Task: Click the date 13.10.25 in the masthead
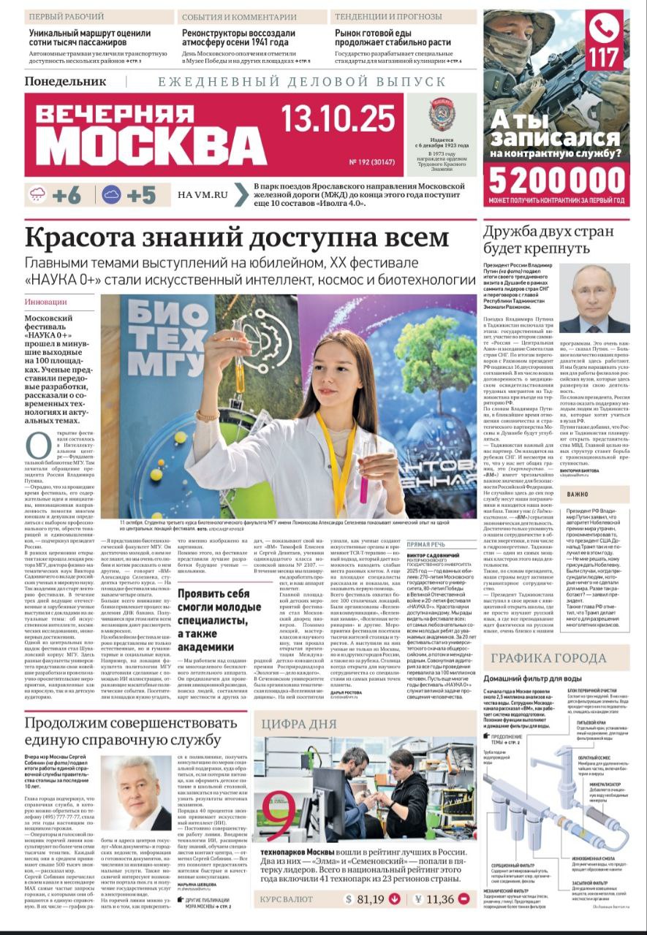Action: tap(338, 116)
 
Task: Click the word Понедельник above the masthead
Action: tap(65, 82)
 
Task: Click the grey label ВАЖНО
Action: tap(577, 495)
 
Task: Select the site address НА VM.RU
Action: tap(203, 195)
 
